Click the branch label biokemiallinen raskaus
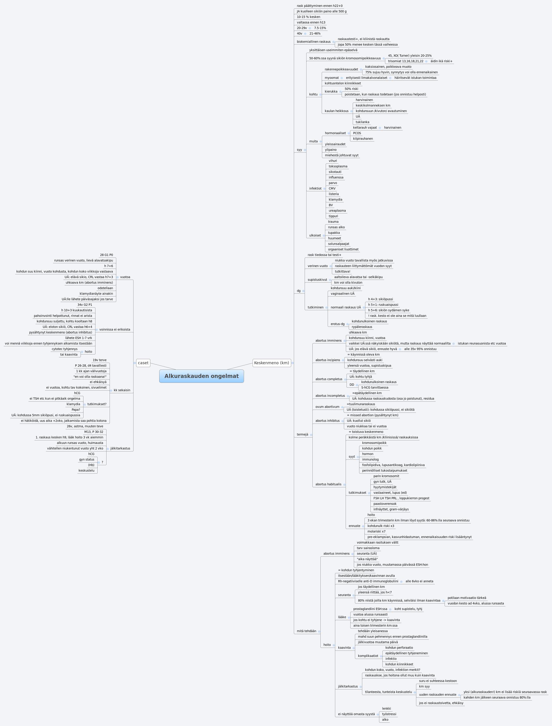[x=314, y=42]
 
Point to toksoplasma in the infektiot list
[x=338, y=166]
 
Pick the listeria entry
[x=333, y=194]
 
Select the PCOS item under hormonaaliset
[x=357, y=133]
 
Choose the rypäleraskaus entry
[x=362, y=327]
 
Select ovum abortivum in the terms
[x=327, y=407]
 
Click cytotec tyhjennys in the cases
[x=64, y=349]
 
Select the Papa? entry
[x=76, y=410]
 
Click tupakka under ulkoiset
[x=334, y=232]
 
